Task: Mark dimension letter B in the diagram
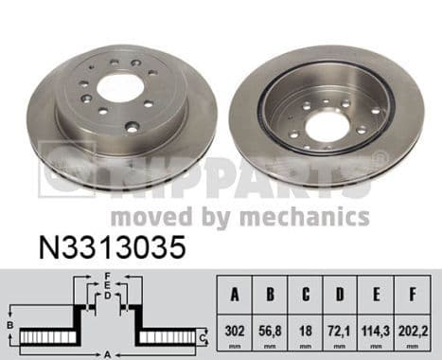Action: [x=9, y=326]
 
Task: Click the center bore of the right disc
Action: [x=328, y=123]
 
